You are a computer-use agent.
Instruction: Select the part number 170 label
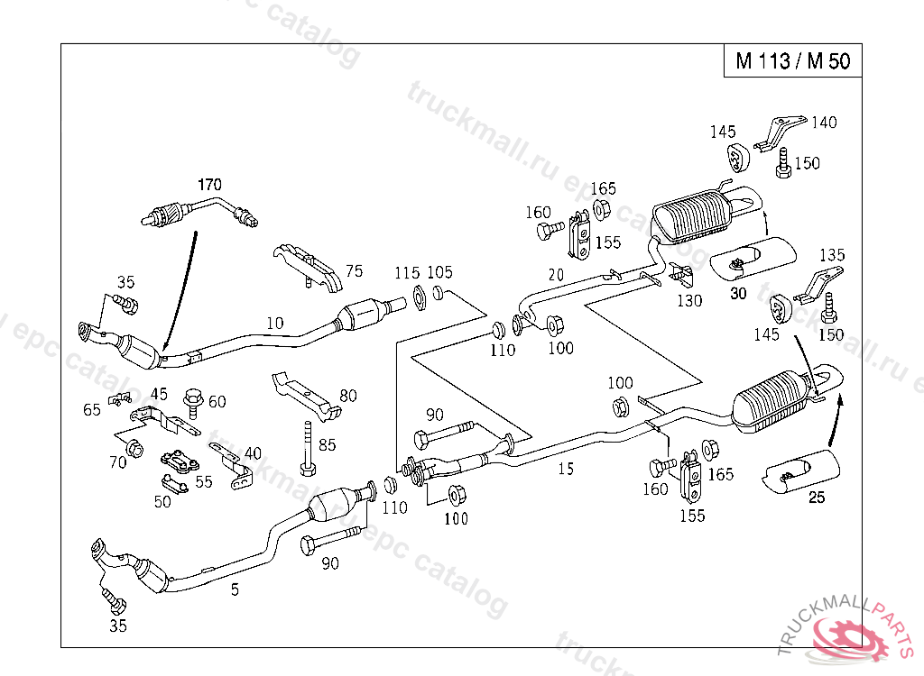click(x=209, y=185)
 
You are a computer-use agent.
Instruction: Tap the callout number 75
click(x=354, y=271)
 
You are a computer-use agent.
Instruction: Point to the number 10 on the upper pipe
click(x=274, y=322)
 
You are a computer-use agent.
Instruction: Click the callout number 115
click(x=408, y=272)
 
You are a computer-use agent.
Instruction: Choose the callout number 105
click(x=440, y=272)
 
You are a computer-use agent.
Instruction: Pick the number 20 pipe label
click(x=556, y=275)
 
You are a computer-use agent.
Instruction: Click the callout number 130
click(x=689, y=301)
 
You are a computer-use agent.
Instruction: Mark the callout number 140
click(x=824, y=122)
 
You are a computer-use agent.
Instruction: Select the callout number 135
click(x=831, y=255)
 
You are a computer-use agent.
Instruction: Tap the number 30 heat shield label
click(x=738, y=293)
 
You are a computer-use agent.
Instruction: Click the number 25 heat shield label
click(x=817, y=498)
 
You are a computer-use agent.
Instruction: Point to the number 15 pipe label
click(x=566, y=468)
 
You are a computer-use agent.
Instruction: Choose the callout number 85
click(x=327, y=444)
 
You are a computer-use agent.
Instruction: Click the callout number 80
click(x=348, y=395)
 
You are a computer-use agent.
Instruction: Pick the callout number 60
click(x=217, y=401)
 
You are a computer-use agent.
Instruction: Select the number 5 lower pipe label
click(x=235, y=590)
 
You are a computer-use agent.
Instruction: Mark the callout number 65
click(x=92, y=409)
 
